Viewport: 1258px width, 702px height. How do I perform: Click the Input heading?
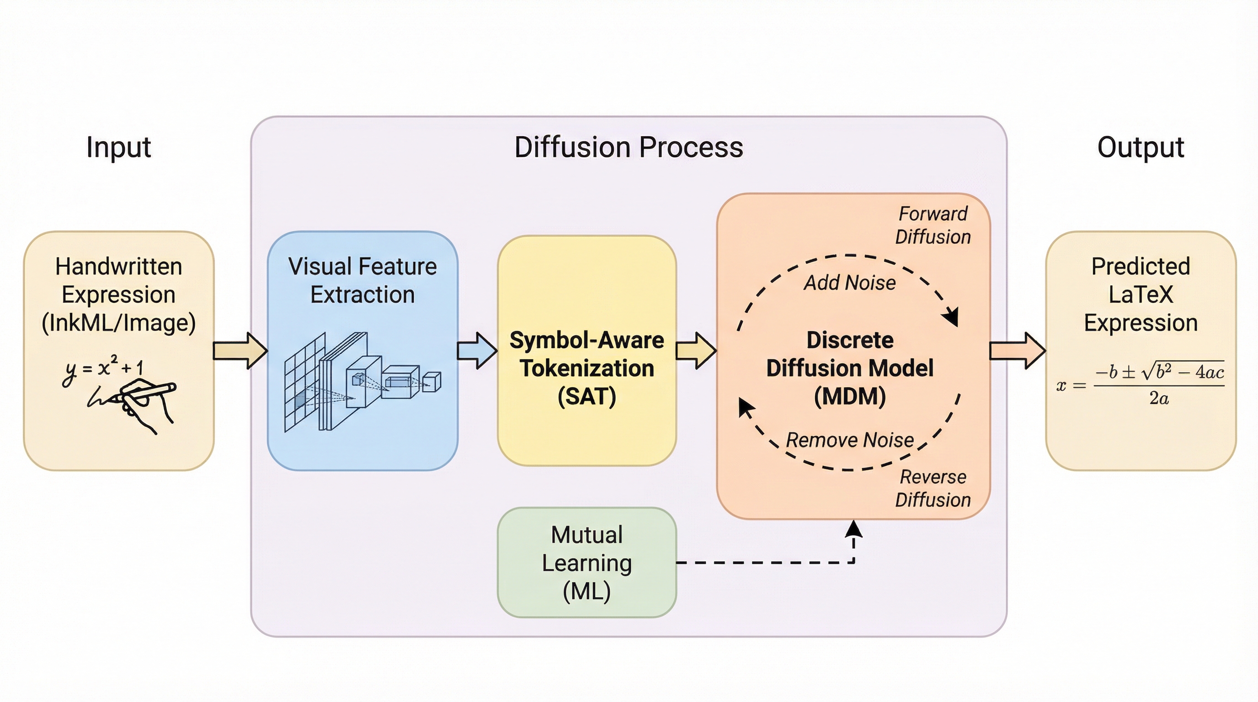(119, 147)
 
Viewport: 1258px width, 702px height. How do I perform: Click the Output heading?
(1141, 147)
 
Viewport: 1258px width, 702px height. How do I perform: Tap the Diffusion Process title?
(629, 147)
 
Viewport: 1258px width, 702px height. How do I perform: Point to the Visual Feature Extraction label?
(362, 280)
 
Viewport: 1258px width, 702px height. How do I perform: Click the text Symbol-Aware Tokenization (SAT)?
(586, 368)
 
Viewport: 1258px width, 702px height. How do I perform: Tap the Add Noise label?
(850, 282)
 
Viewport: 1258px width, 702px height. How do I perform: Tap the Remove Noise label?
(850, 440)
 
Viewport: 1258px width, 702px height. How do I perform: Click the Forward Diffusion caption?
(933, 225)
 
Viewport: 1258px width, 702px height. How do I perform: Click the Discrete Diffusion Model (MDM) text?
(850, 368)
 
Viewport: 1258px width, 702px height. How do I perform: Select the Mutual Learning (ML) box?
(586, 563)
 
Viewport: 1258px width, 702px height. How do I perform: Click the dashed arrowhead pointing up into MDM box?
(853, 529)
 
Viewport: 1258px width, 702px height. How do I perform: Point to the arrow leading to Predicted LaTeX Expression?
(1017, 351)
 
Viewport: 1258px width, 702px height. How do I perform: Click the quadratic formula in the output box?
(1141, 386)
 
